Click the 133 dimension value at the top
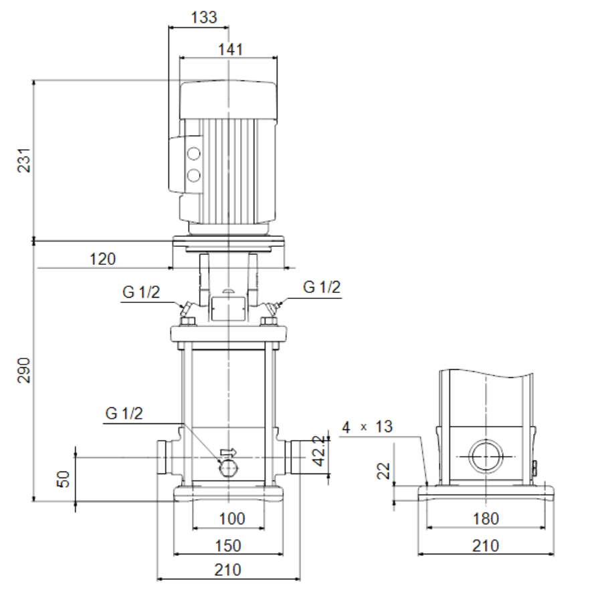(x=204, y=17)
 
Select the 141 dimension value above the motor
(x=231, y=49)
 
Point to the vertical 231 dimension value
(x=24, y=160)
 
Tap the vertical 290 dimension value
(x=24, y=371)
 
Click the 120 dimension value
(x=102, y=259)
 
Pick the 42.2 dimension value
(x=319, y=451)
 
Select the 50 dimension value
(x=64, y=479)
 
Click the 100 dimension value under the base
(x=232, y=518)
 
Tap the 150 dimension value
(x=228, y=546)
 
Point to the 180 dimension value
(x=486, y=518)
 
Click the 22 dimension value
(x=383, y=471)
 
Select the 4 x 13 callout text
(x=367, y=427)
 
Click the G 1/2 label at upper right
(x=322, y=287)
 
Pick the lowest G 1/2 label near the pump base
(x=124, y=413)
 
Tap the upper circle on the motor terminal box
(x=193, y=154)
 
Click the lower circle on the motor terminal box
(x=193, y=176)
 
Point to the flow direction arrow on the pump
(x=228, y=452)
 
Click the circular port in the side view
(x=486, y=456)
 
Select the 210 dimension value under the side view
(x=486, y=546)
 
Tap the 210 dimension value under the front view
(x=227, y=570)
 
